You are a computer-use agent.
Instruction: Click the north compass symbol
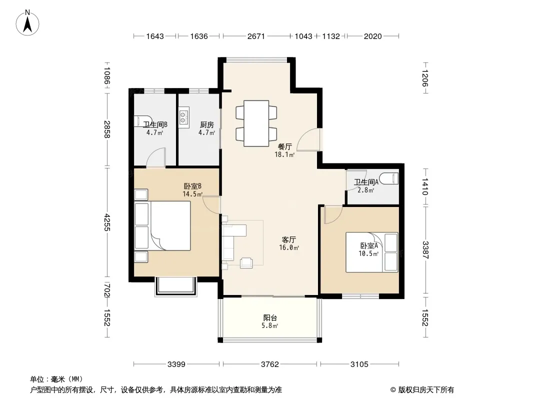pos(27,22)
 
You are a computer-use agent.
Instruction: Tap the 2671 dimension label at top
pos(256,36)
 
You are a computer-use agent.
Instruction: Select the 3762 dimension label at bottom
pos(270,364)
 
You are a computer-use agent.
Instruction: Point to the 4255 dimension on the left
pos(107,222)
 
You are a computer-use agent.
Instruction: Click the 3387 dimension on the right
pos(425,250)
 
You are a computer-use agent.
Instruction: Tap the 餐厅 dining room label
pos(284,147)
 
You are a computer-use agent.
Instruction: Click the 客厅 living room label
pos(288,239)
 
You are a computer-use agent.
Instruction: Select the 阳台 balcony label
pos(270,318)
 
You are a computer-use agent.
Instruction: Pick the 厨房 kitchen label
pos(206,124)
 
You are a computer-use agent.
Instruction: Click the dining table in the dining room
pos(256,123)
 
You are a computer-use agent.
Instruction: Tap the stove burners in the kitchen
pos(183,117)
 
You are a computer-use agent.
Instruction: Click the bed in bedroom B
pos(162,225)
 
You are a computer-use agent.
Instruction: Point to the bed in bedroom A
pos(372,252)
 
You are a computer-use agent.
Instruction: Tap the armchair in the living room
pos(246,263)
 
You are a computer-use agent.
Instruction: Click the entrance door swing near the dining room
pos(308,139)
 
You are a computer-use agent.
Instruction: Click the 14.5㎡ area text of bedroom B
pos(192,194)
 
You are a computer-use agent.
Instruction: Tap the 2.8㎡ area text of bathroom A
pos(366,190)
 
